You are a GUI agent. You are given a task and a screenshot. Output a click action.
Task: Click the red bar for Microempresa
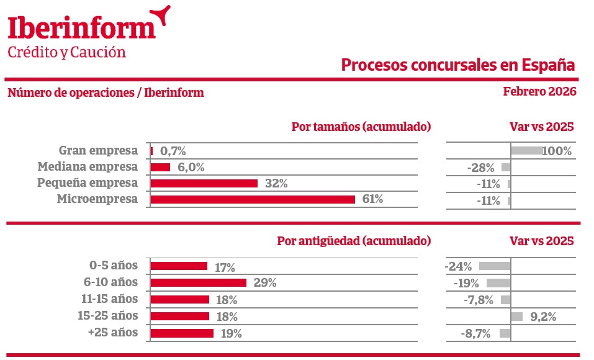pyautogui.click(x=253, y=199)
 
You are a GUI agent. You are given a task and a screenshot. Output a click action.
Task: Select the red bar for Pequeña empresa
pyautogui.click(x=204, y=183)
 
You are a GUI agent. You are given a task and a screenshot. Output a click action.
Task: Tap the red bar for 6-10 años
pyautogui.click(x=199, y=282)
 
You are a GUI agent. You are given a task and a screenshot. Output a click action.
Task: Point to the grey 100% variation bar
pyautogui.click(x=526, y=150)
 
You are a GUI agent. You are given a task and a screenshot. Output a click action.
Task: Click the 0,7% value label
pyautogui.click(x=173, y=151)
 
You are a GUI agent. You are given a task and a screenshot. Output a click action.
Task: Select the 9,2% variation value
pyautogui.click(x=543, y=317)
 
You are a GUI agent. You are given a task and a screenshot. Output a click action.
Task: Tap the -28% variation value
pyautogui.click(x=482, y=168)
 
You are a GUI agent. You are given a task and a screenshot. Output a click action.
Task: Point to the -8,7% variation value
pyautogui.click(x=476, y=333)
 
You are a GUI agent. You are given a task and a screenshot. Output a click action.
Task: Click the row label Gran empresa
pyautogui.click(x=98, y=150)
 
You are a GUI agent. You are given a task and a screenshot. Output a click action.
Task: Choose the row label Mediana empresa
pyautogui.click(x=88, y=167)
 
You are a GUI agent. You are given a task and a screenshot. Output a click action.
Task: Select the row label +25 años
pyautogui.click(x=113, y=333)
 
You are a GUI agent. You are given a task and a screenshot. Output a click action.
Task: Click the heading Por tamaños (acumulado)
pyautogui.click(x=361, y=127)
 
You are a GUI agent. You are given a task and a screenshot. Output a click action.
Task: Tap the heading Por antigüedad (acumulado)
pyautogui.click(x=354, y=241)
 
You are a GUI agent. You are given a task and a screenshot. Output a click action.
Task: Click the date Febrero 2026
pyautogui.click(x=539, y=92)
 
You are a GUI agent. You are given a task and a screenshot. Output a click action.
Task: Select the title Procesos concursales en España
pyautogui.click(x=458, y=65)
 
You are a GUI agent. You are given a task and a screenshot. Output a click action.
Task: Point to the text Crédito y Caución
pyautogui.click(x=66, y=52)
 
